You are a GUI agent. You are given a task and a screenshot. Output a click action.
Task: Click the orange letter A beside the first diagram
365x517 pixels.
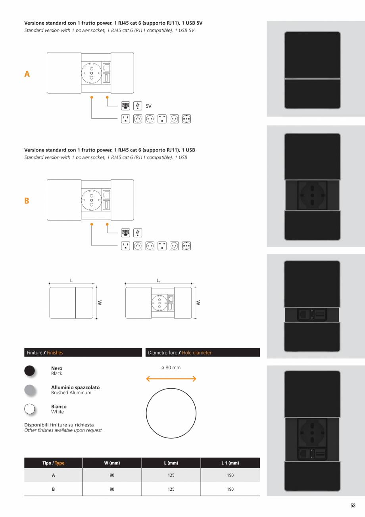(27, 74)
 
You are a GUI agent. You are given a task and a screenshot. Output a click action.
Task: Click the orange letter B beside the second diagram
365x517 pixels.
(27, 201)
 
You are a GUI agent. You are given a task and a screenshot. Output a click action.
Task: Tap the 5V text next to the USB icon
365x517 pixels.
(148, 106)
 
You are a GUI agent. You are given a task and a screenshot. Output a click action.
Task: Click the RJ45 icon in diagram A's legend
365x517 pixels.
(125, 106)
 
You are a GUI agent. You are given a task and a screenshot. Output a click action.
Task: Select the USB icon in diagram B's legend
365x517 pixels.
(138, 233)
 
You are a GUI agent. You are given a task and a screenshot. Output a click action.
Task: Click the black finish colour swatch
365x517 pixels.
(30, 370)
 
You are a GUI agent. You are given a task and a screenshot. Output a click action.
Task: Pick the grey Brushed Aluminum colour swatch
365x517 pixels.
(30, 390)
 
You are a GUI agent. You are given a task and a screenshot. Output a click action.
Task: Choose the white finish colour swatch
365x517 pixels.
(30, 409)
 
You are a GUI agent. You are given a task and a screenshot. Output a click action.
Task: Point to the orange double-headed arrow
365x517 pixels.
(171, 379)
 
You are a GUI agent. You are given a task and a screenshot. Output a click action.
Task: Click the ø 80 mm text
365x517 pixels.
(171, 368)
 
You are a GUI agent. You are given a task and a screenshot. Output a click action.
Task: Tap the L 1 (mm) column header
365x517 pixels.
(230, 463)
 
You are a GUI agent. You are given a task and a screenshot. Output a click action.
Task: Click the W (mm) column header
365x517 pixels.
(112, 463)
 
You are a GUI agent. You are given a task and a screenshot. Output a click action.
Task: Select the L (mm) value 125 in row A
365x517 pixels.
(171, 475)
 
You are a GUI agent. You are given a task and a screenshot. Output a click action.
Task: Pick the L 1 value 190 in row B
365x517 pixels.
(230, 489)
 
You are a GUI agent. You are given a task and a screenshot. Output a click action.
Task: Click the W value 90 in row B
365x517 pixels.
(112, 489)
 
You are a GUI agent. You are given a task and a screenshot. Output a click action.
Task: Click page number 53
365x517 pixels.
(353, 506)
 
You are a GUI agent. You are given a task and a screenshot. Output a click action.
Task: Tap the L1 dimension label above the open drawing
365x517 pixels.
(158, 281)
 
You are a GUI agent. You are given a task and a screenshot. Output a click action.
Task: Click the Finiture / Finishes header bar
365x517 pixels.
(83, 352)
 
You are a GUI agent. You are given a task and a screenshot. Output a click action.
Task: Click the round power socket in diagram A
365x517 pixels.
(91, 73)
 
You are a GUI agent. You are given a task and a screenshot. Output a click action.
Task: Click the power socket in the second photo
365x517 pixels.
(312, 196)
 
